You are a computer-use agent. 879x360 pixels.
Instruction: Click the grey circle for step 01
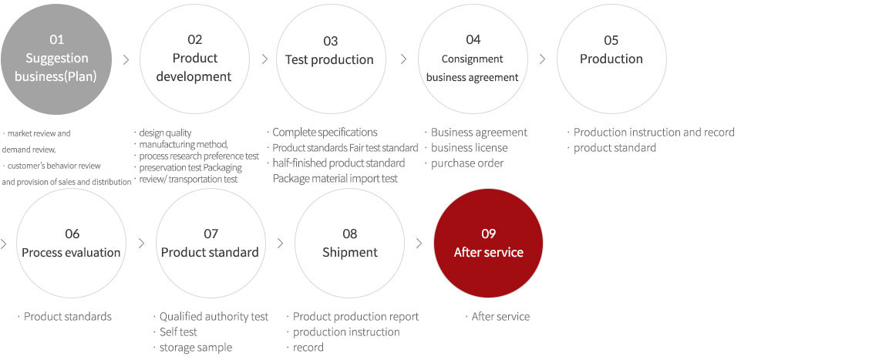click(56, 59)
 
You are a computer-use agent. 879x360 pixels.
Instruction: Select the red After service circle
click(488, 243)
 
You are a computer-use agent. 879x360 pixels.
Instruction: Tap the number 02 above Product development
click(194, 39)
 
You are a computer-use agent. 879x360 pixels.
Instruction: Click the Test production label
click(329, 60)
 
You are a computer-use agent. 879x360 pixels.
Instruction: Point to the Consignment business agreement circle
click(473, 59)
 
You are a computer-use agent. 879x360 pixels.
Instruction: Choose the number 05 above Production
click(611, 40)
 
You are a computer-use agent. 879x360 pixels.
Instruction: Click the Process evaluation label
click(71, 253)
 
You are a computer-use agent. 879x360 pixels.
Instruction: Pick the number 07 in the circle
click(210, 234)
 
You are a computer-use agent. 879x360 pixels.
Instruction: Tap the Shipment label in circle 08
click(350, 253)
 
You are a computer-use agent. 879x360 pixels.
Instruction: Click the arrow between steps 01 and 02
click(126, 59)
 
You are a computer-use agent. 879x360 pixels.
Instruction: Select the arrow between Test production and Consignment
click(403, 59)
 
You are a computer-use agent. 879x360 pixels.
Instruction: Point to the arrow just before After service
click(419, 244)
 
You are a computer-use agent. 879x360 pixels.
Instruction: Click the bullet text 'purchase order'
click(467, 163)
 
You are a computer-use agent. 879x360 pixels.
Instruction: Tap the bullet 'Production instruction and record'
click(654, 133)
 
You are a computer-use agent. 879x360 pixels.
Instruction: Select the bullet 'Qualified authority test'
click(214, 317)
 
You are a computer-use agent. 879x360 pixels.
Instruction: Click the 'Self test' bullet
click(178, 332)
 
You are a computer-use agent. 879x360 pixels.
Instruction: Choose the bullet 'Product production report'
click(355, 317)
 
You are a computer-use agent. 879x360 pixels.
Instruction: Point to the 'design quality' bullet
click(165, 133)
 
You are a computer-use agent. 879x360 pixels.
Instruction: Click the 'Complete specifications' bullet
click(325, 133)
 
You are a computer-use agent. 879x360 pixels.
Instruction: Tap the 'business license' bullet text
click(470, 148)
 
